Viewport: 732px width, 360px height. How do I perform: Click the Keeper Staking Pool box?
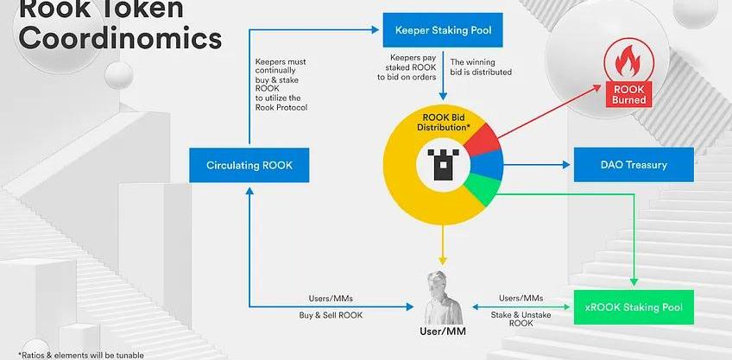click(443, 31)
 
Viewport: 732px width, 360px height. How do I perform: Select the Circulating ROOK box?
click(249, 165)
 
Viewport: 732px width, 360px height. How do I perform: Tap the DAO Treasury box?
click(634, 164)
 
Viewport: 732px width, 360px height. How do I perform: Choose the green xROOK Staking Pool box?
click(633, 307)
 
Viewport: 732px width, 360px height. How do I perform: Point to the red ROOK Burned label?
click(627, 95)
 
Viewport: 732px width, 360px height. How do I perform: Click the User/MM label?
click(443, 332)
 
